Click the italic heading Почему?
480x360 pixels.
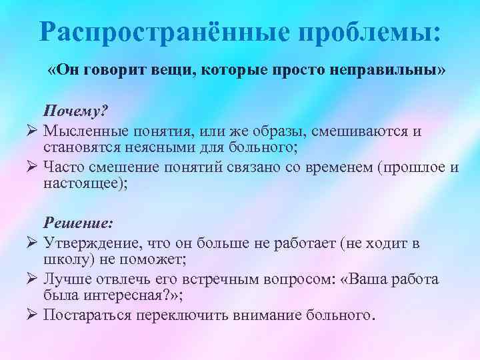(x=75, y=111)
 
